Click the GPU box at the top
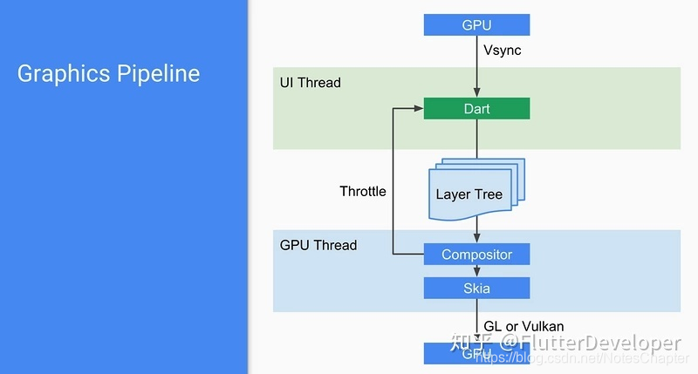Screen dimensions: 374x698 [476, 24]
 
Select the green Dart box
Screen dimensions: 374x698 [476, 109]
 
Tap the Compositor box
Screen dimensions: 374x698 [476, 255]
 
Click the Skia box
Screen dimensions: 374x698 [476, 289]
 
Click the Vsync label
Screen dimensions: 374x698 [503, 51]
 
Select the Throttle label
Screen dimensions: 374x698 [363, 191]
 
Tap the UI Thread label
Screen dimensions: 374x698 [310, 83]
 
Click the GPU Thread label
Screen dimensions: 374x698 [318, 245]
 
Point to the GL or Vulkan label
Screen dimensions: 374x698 [523, 326]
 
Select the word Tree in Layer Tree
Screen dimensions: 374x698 [488, 194]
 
